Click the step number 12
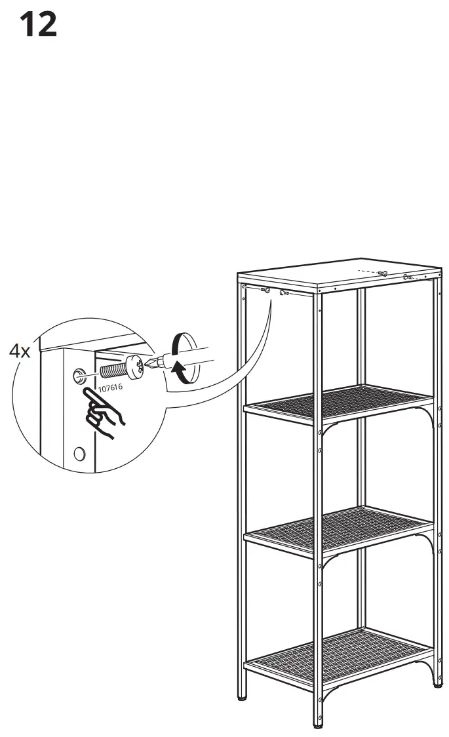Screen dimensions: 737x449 coord(39,24)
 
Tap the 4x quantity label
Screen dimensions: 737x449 coord(20,351)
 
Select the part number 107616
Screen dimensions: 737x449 coord(109,388)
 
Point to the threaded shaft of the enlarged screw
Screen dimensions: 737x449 coord(113,371)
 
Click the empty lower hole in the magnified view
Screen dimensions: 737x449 coord(80,452)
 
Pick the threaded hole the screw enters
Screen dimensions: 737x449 coord(79,376)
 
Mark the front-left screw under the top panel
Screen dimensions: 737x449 coord(265,290)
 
